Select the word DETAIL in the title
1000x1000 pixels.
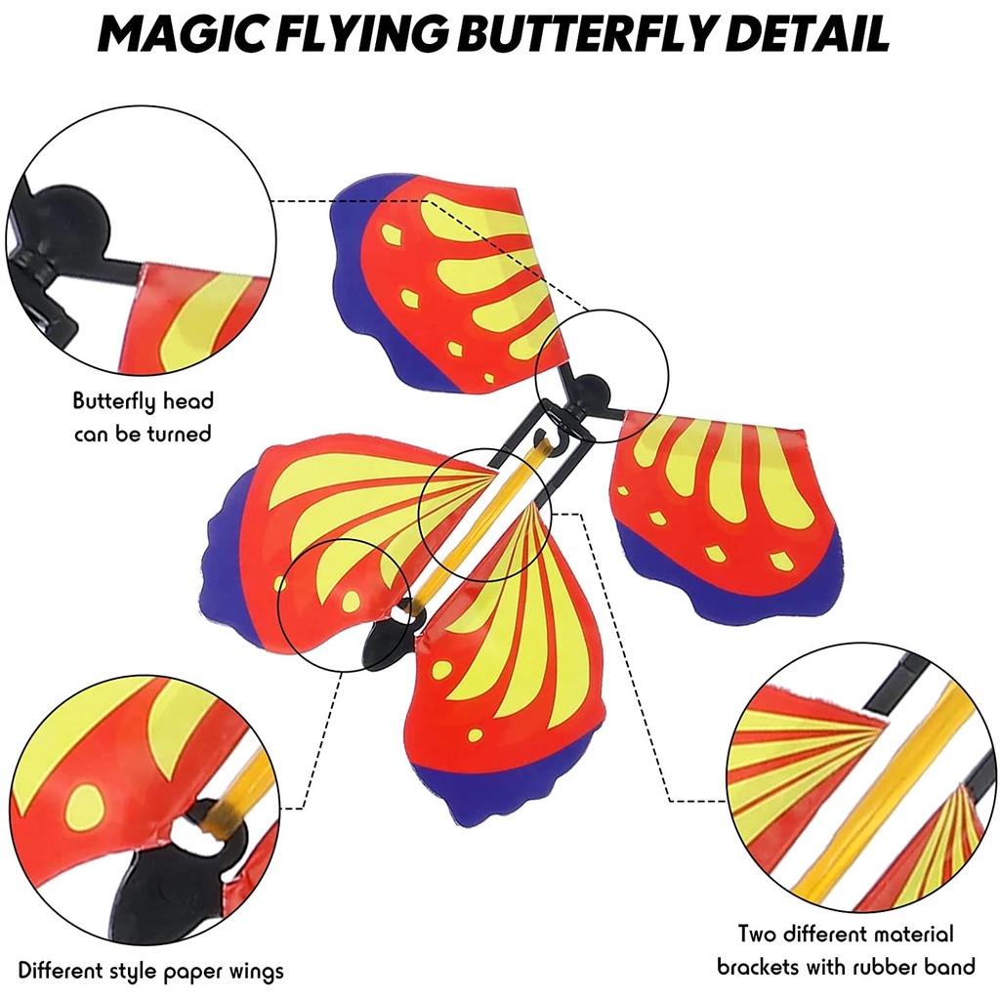807,33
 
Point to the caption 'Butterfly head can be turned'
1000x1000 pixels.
143,417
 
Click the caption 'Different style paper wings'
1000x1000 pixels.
150,971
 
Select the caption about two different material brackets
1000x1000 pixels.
846,950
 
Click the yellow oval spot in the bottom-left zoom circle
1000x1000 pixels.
83,807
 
